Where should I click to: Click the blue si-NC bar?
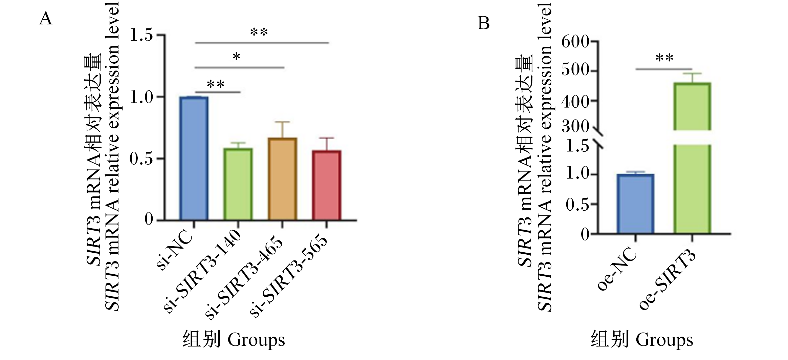pos(194,158)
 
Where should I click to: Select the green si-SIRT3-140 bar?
pos(238,184)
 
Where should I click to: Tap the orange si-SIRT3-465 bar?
pos(282,179)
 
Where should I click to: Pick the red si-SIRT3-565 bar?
pos(326,185)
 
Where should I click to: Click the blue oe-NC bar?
pos(635,204)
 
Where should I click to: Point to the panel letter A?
pos(46,19)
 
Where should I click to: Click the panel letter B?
pos(483,23)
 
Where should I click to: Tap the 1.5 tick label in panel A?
pos(142,35)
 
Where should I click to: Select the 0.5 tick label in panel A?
pos(142,158)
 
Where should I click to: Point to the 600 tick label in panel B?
pos(575,42)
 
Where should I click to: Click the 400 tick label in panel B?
pos(575,101)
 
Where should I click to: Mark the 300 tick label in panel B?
pos(575,127)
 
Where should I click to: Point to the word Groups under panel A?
pos(256,340)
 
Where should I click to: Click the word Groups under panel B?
pos(664,340)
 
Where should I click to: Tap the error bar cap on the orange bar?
pos(282,122)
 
